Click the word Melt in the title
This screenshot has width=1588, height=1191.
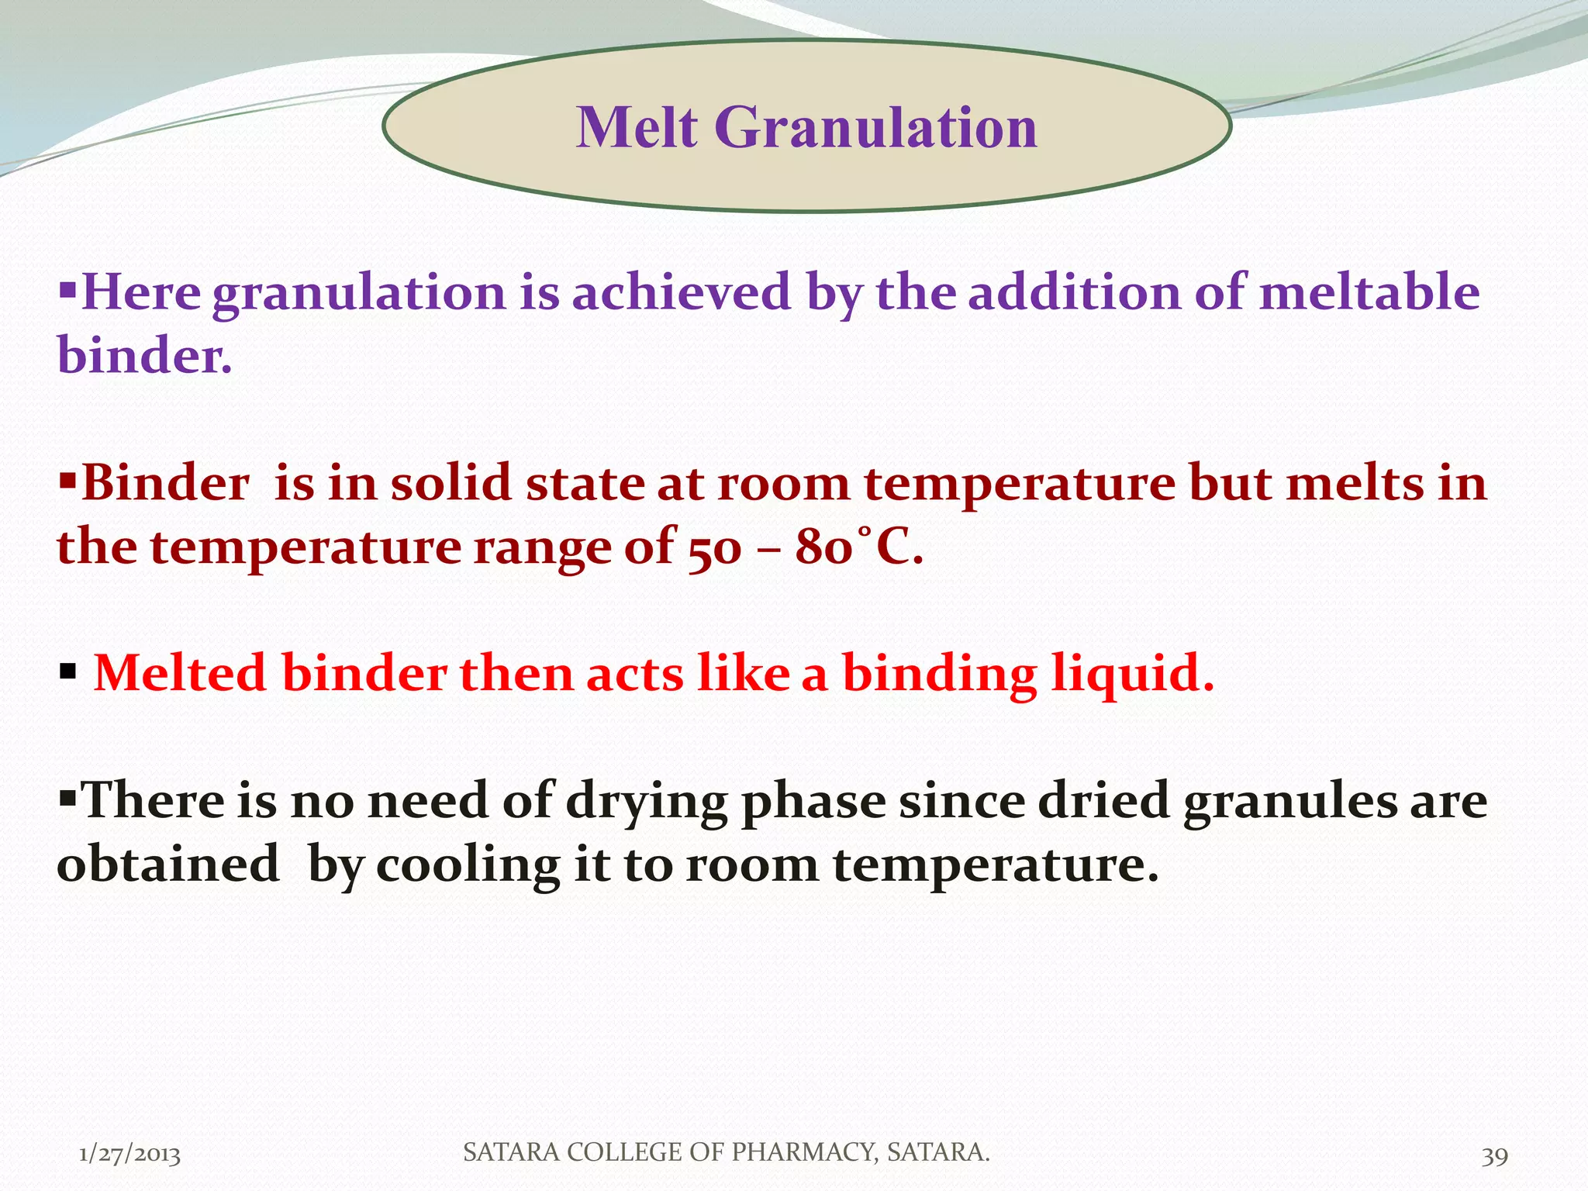(637, 127)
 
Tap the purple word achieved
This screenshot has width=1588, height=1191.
(682, 293)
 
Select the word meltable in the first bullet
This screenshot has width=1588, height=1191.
(1369, 293)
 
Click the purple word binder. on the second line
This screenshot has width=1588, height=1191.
(144, 357)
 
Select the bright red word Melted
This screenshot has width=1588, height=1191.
(179, 673)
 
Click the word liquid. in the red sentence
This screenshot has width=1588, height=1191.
(1132, 673)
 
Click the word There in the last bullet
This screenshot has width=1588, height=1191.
(152, 800)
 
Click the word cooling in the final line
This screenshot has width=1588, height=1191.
(468, 865)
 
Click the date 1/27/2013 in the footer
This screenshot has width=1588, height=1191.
(129, 1155)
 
